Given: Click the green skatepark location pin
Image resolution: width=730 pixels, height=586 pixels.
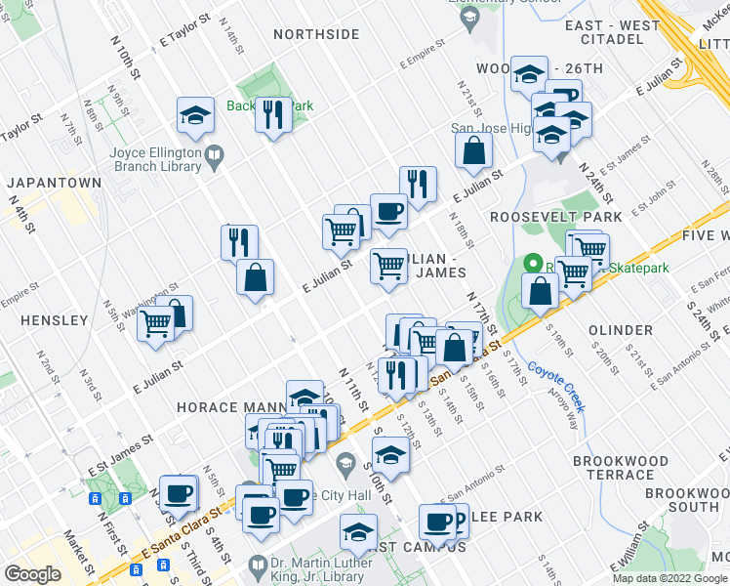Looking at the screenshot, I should (533, 263).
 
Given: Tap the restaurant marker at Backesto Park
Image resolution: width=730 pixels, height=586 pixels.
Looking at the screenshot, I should (270, 115).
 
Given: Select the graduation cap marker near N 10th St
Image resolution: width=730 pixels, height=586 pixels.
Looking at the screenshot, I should (195, 115).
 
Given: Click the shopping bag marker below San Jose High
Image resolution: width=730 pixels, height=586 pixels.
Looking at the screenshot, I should (473, 150).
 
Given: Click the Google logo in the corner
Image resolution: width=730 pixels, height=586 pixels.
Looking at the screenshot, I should (33, 574).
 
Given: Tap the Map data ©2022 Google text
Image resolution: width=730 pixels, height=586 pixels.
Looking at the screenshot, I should (669, 578).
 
